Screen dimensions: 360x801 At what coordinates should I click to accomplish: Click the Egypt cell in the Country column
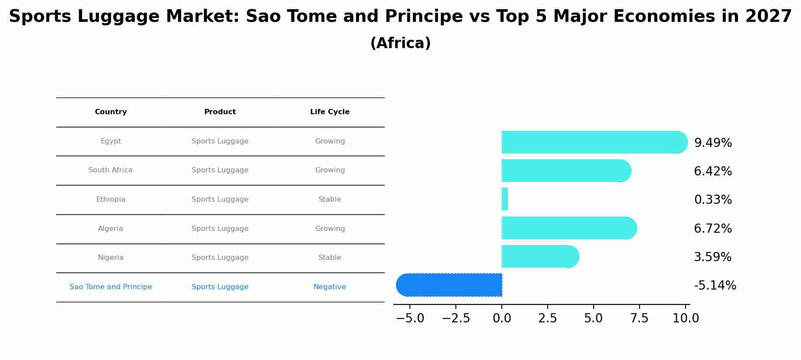pos(111,141)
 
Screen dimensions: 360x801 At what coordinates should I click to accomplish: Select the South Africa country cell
pos(110,170)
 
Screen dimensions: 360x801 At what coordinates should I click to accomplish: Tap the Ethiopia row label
pos(111,199)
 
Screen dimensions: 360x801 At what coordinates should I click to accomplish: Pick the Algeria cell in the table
pos(110,229)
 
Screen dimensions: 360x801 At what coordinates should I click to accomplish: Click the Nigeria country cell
pos(111,258)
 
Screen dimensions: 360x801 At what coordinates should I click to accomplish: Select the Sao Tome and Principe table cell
pos(111,287)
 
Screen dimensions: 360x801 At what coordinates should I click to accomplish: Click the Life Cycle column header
pos(330,112)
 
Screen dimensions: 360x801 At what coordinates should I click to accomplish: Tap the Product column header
pos(220,112)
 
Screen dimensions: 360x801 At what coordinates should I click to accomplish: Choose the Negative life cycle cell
pos(330,287)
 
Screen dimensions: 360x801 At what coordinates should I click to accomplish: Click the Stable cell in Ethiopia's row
pos(330,199)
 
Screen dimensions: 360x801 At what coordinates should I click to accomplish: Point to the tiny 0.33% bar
pos(505,199)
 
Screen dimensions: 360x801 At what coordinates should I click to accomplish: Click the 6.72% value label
pos(713,228)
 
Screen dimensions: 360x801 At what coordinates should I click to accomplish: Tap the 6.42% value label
pos(713,171)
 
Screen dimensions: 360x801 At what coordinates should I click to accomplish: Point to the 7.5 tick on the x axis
pos(639,318)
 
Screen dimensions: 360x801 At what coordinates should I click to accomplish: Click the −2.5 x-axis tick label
pos(456,318)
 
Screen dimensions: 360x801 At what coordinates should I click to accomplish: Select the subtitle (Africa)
pos(400,43)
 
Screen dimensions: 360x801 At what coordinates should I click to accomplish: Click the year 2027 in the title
pos(769,17)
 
